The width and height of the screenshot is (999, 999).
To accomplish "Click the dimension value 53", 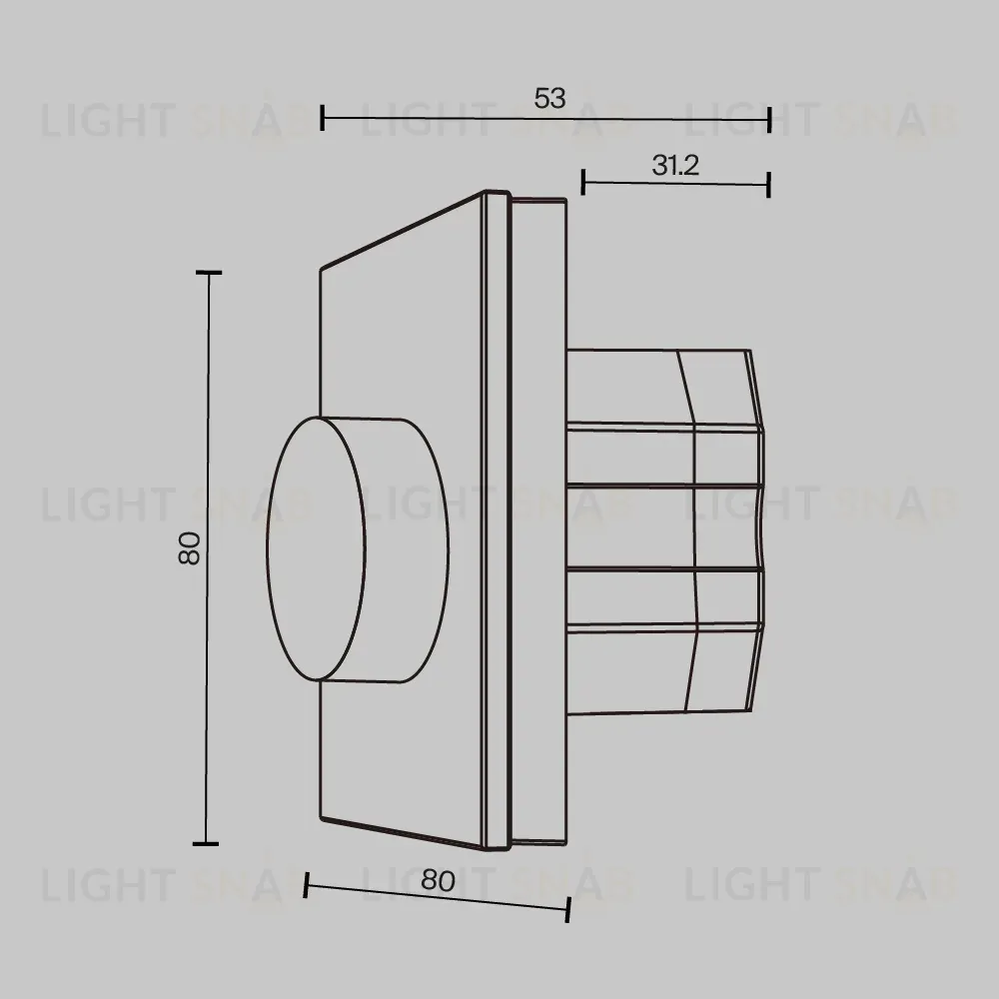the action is point(549,98).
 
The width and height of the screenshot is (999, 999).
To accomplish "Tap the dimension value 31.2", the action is point(675,166).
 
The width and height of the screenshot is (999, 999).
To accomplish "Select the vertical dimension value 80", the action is point(190,548).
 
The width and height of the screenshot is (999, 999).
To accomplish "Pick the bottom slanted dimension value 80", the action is point(438,880).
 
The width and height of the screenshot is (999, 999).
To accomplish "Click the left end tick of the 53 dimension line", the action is point(323,118).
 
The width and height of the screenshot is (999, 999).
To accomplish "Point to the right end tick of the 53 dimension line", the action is point(769,120).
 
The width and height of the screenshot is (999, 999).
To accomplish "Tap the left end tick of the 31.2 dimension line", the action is point(583,182).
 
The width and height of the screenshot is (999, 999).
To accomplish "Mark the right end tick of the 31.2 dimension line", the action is point(768,185).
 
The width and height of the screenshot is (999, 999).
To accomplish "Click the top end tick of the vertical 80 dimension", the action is point(209,273).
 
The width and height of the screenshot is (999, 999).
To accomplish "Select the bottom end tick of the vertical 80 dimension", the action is point(205,843).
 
